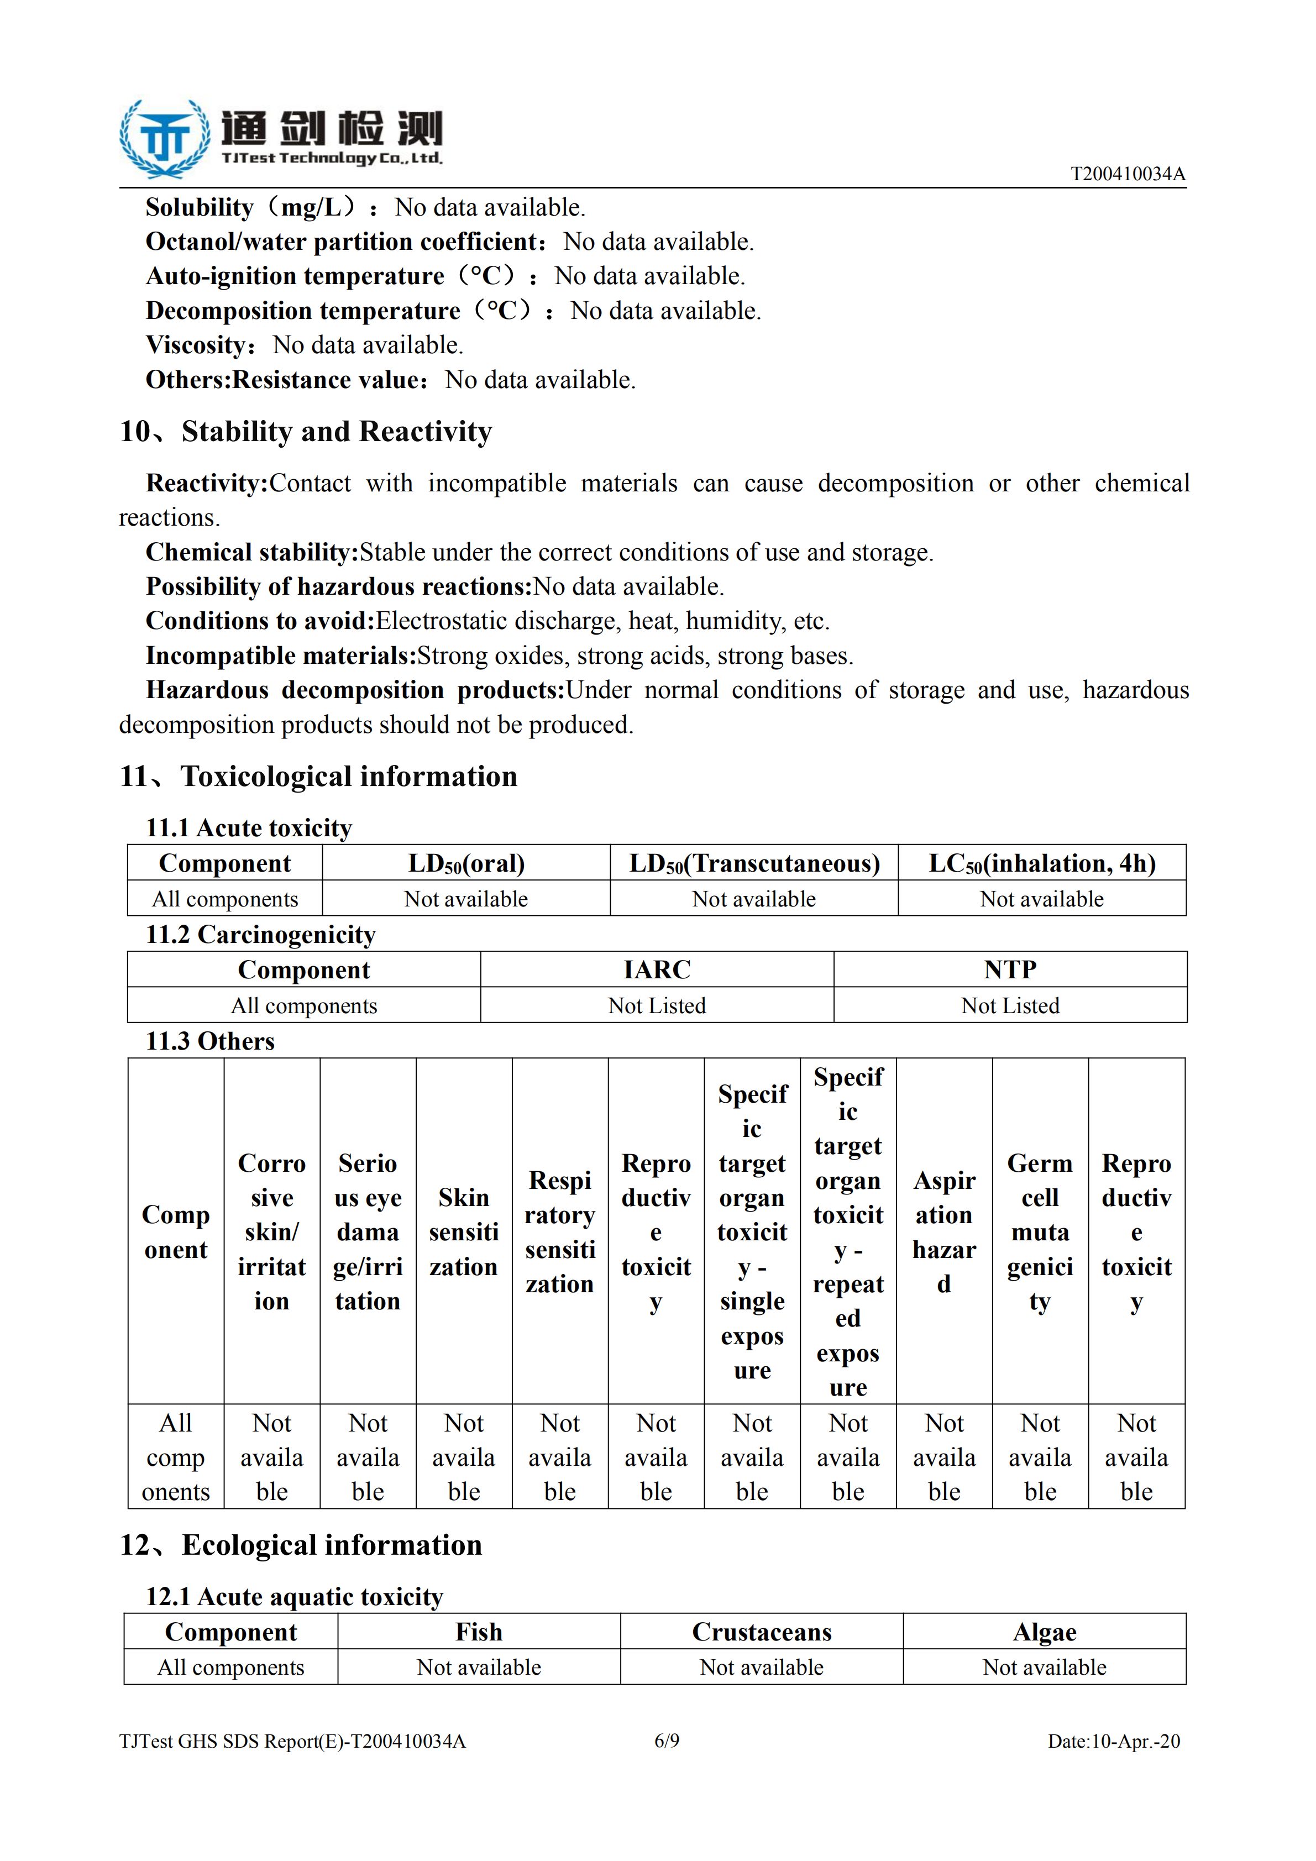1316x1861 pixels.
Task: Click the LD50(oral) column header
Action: point(466,863)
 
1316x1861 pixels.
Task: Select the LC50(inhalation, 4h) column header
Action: point(1042,863)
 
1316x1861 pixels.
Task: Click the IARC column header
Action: point(657,969)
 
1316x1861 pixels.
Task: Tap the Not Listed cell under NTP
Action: point(1010,1006)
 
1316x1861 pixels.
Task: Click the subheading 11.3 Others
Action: point(210,1041)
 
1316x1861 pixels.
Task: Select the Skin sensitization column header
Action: point(464,1231)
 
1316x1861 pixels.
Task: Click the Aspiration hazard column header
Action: point(944,1231)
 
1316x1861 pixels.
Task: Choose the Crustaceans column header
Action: point(762,1632)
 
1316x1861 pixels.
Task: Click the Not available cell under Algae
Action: point(1045,1668)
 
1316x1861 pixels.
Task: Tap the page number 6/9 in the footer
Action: point(667,1741)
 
